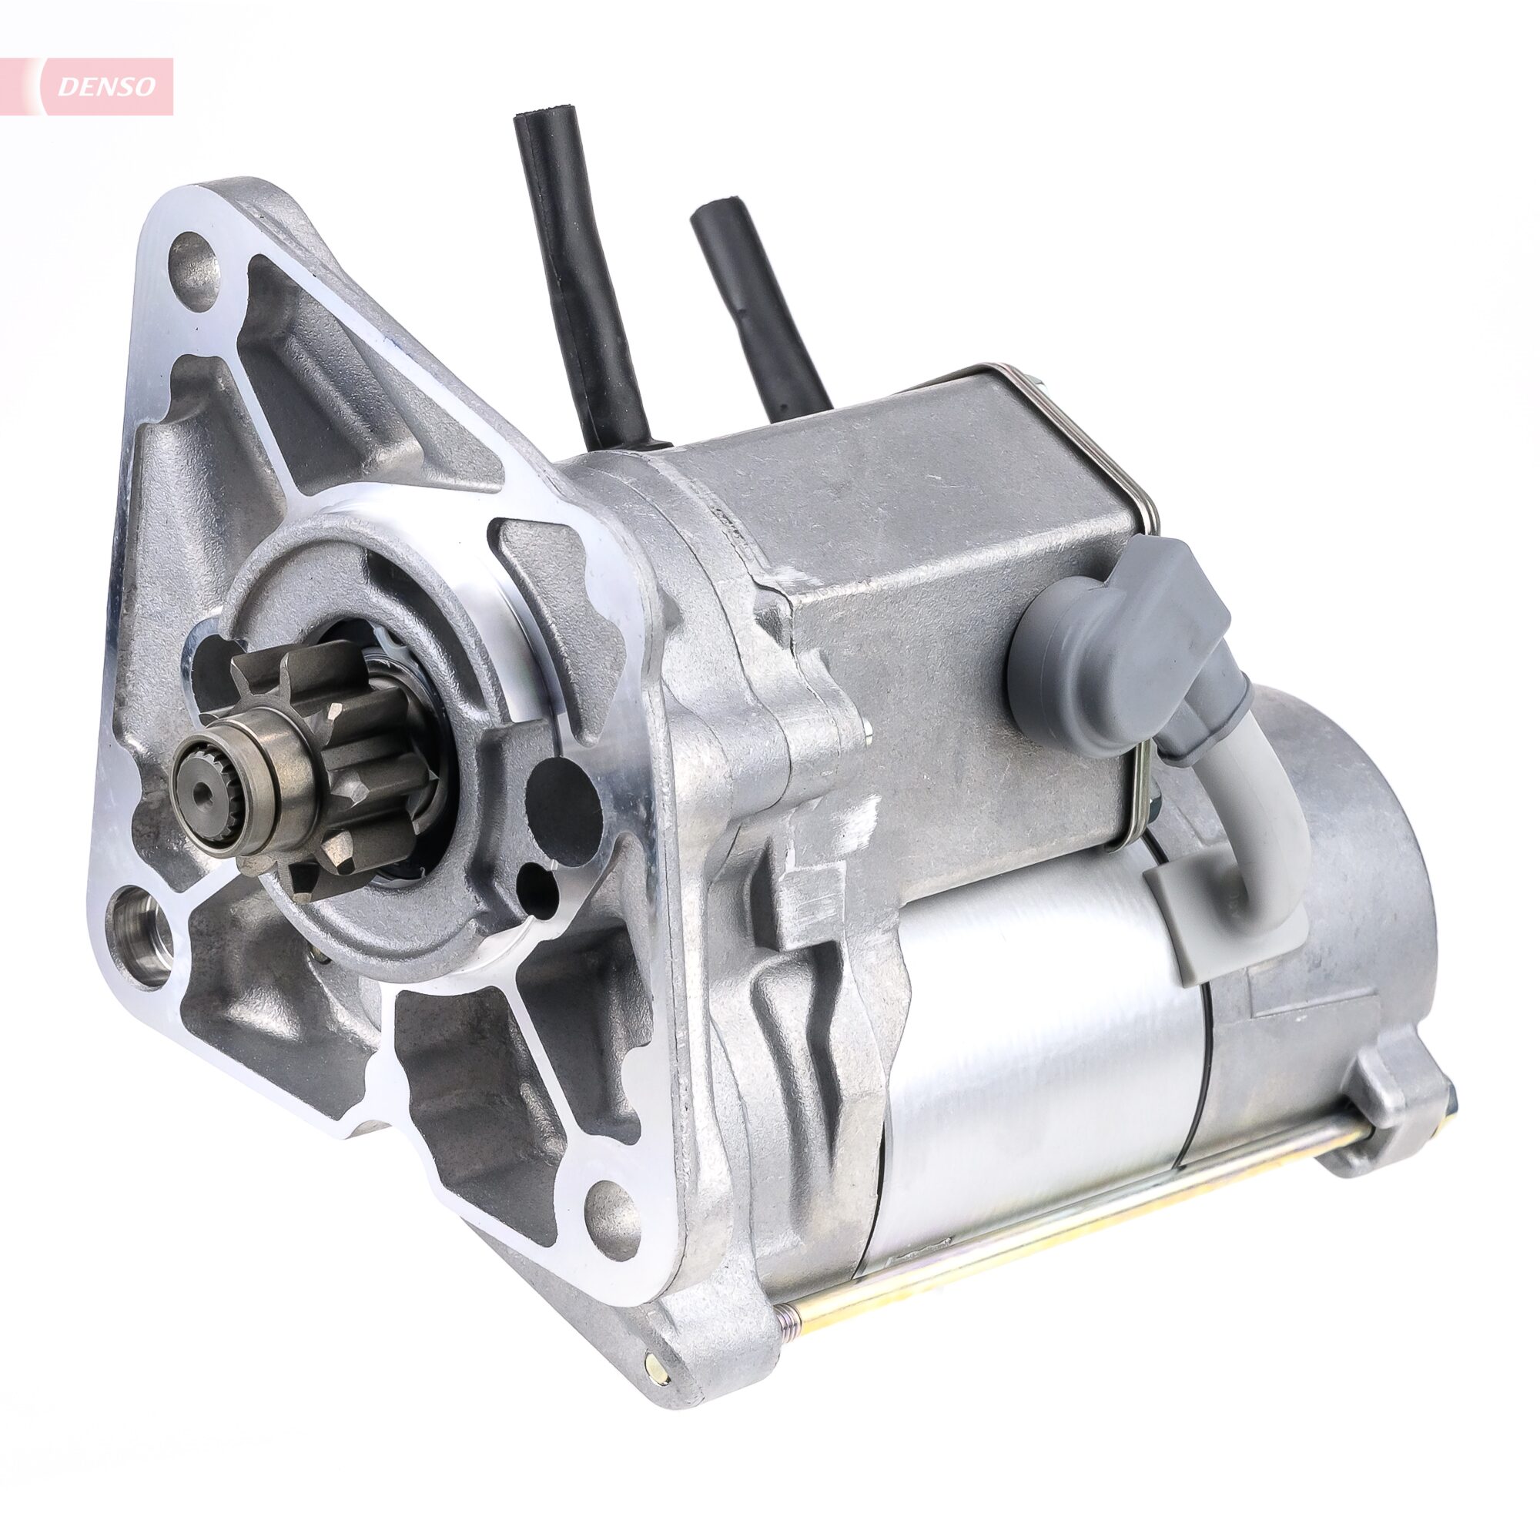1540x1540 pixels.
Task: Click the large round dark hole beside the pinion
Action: pyautogui.click(x=564, y=801)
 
